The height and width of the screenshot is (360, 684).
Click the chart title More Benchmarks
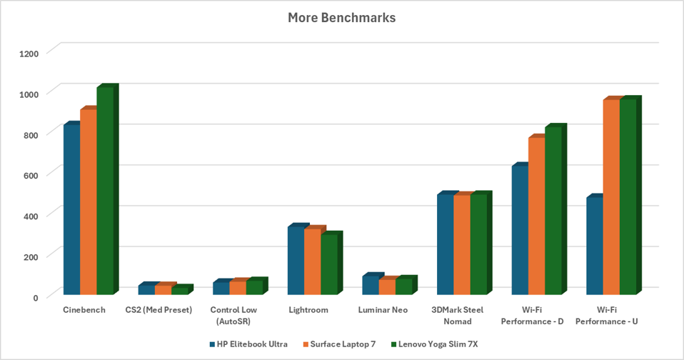(x=341, y=17)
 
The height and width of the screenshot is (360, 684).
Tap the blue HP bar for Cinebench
(x=71, y=209)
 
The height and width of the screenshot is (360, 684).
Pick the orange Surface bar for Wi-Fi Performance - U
(x=610, y=197)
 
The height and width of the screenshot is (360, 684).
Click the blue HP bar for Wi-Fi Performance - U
(x=594, y=245)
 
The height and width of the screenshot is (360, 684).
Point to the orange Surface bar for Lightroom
(x=312, y=261)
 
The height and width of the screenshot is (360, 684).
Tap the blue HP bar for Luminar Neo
(x=370, y=285)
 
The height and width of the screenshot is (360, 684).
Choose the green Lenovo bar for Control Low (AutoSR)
(x=254, y=287)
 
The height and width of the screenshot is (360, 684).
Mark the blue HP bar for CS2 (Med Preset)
(x=146, y=289)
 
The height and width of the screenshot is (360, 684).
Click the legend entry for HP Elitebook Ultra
(x=248, y=344)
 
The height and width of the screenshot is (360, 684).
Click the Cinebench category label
(x=84, y=310)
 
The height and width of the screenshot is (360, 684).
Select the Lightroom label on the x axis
(x=308, y=310)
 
